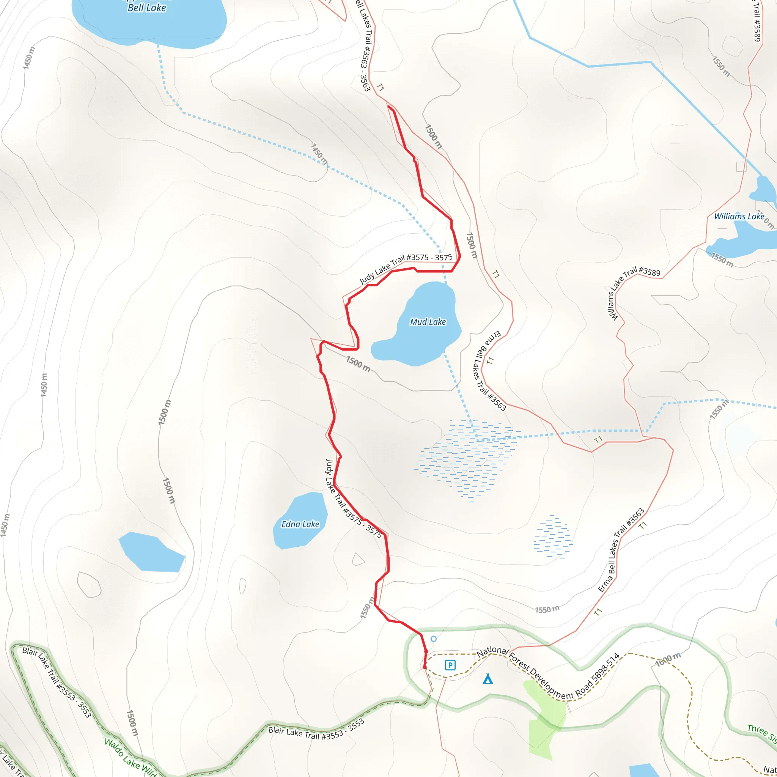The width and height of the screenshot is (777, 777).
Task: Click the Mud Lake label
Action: [428, 322]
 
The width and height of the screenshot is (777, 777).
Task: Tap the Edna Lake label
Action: [300, 524]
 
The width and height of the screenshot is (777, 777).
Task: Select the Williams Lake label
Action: [739, 216]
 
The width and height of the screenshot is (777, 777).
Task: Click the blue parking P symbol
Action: [450, 665]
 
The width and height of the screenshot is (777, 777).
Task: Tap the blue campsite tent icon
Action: [488, 679]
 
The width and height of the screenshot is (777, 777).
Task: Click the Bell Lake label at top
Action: [147, 8]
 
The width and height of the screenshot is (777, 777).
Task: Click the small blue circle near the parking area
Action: [434, 639]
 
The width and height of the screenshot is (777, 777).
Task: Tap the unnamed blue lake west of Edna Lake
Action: [152, 552]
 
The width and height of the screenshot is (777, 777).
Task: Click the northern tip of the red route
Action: [388, 106]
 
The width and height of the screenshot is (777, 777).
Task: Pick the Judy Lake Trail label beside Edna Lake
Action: [353, 498]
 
